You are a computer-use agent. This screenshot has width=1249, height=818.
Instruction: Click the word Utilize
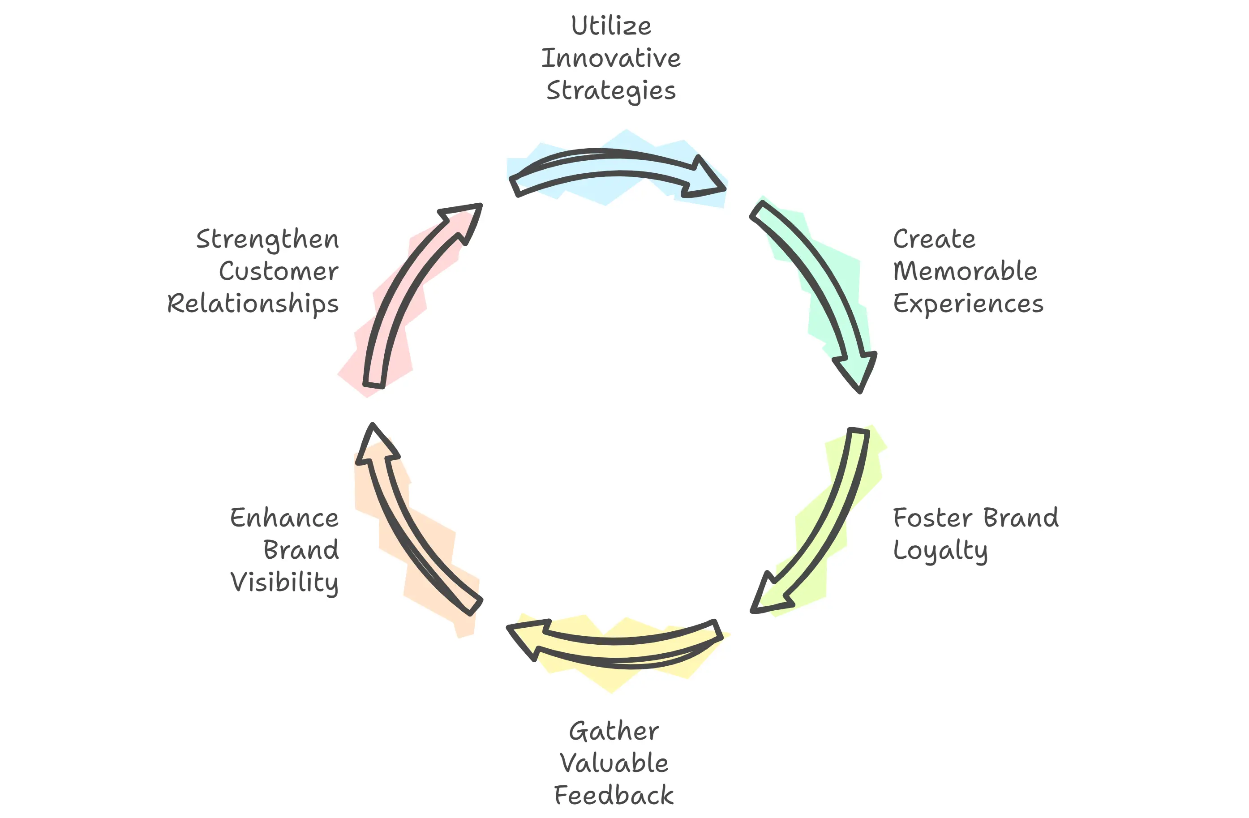pyautogui.click(x=611, y=26)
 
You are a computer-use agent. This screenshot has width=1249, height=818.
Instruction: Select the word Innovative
pyautogui.click(x=611, y=58)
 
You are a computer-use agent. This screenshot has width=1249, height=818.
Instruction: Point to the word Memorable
pyautogui.click(x=965, y=271)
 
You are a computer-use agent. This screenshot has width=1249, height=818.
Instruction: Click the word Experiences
pyautogui.click(x=968, y=304)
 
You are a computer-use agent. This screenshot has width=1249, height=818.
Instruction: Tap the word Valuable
pyautogui.click(x=614, y=763)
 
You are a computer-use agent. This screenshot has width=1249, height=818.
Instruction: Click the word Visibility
pyautogui.click(x=284, y=583)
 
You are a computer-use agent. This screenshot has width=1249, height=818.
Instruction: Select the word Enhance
pyautogui.click(x=284, y=518)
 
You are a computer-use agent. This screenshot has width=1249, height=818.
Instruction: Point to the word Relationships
pyautogui.click(x=253, y=304)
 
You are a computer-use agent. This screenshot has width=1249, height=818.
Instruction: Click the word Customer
pyautogui.click(x=279, y=271)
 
